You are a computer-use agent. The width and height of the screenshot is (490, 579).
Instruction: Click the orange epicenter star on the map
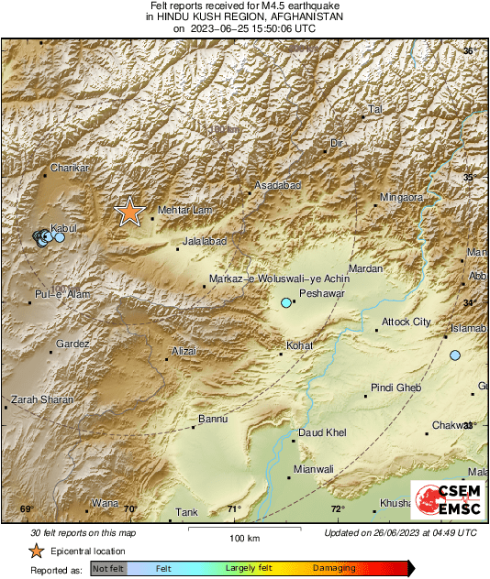[129, 212]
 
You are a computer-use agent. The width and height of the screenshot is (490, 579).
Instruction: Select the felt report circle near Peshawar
[286, 302]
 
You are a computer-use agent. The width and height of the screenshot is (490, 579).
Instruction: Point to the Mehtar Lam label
[185, 211]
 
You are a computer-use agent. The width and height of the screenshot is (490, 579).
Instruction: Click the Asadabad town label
[277, 186]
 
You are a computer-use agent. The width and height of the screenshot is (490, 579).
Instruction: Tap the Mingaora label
[402, 198]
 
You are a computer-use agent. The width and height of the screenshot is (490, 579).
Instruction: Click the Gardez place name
[72, 344]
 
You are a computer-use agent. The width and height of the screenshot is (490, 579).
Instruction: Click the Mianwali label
[313, 469]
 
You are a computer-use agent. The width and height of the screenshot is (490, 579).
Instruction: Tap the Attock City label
[406, 322]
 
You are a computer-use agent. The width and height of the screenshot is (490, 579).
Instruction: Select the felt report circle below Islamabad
[455, 355]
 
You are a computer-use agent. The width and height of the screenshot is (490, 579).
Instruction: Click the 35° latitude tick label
[469, 177]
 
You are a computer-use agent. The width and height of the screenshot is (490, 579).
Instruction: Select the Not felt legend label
[108, 569]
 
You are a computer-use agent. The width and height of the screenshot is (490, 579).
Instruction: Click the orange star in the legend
[36, 551]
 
